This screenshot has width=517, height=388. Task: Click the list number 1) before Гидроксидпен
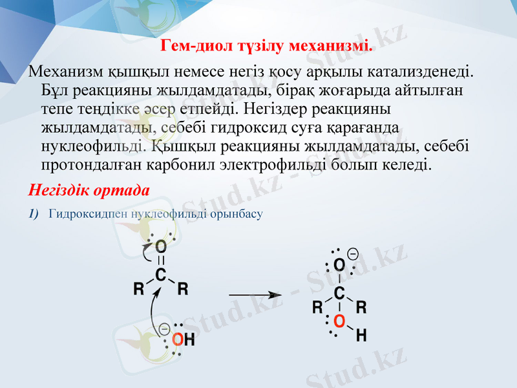click(x=34, y=213)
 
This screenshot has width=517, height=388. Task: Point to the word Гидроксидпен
click(x=88, y=213)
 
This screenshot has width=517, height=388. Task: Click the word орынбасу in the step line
click(x=237, y=213)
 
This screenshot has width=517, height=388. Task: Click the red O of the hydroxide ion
click(x=177, y=339)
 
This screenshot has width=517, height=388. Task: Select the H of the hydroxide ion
click(x=189, y=339)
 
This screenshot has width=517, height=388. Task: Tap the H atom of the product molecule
click(x=361, y=335)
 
